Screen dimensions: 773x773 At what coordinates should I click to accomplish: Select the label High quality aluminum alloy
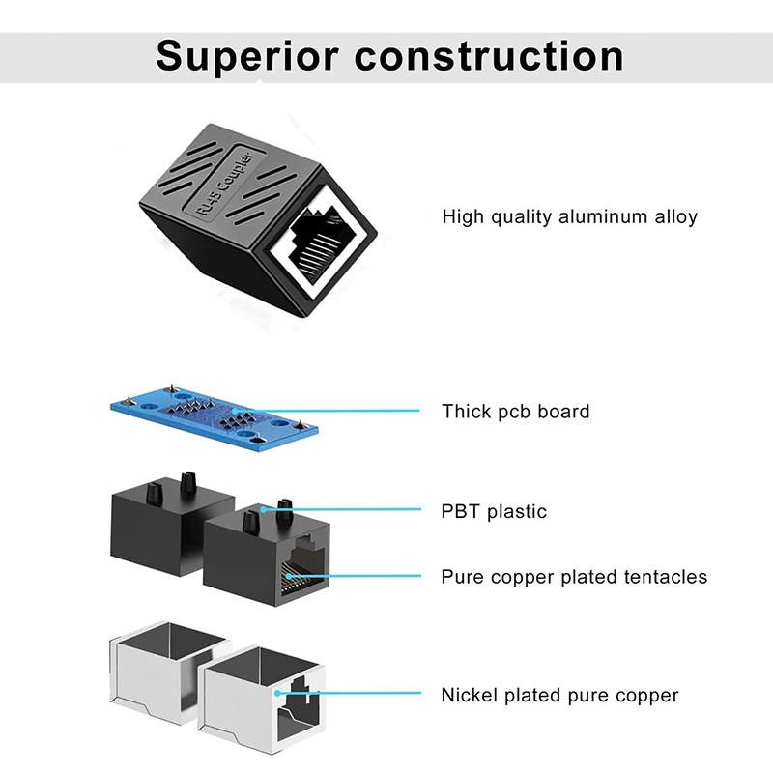pyautogui.click(x=569, y=216)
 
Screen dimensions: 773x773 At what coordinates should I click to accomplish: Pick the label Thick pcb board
pyautogui.click(x=515, y=412)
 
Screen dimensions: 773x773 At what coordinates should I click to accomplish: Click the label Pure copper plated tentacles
pyautogui.click(x=574, y=577)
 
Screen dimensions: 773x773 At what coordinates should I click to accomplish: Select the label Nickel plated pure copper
pyautogui.click(x=559, y=695)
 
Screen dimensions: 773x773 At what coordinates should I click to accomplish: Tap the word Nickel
pyautogui.click(x=470, y=695)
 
